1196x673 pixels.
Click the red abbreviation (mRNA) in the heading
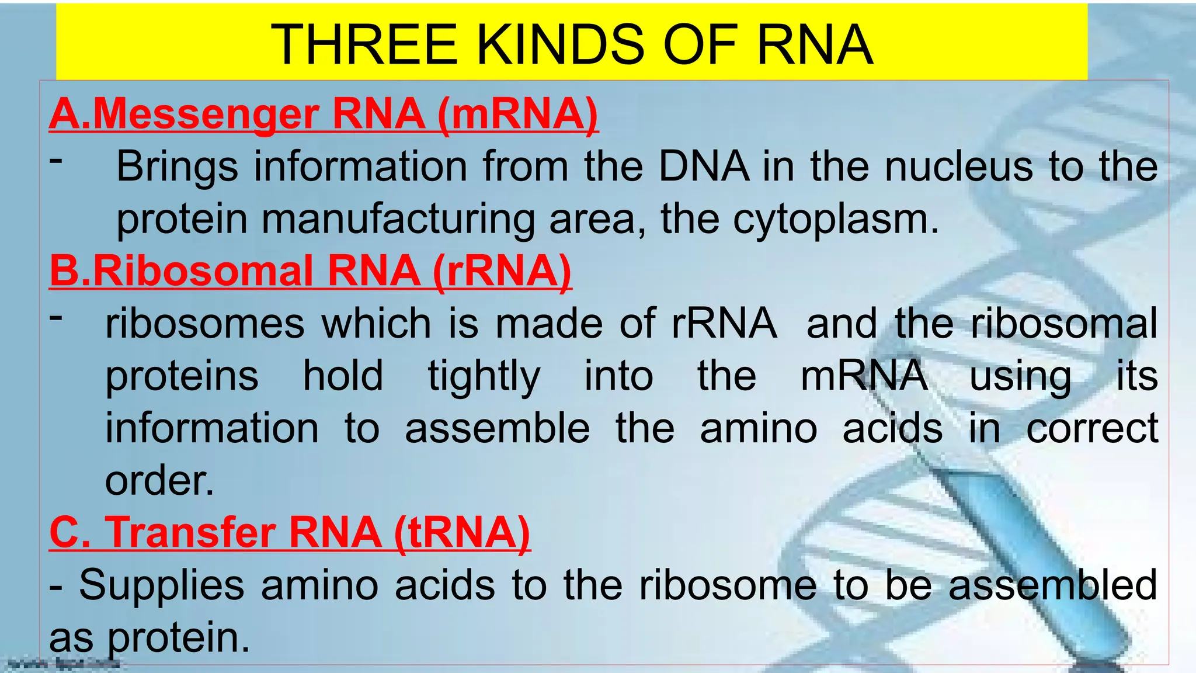517,114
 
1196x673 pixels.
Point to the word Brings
177,167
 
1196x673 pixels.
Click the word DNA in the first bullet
704,167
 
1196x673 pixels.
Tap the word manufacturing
398,220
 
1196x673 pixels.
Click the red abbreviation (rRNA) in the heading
502,271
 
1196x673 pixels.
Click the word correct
1092,428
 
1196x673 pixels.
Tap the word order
159,481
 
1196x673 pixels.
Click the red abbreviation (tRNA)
461,533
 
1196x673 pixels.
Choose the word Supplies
162,585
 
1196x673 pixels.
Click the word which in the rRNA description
377,324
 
